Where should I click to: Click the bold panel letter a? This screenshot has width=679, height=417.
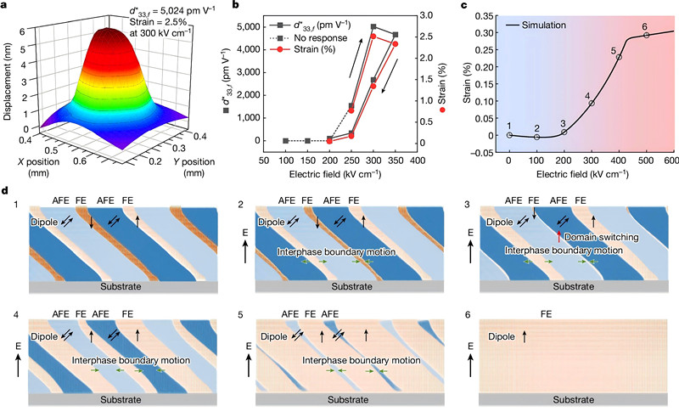point(7,6)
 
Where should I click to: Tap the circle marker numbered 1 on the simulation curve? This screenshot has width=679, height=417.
point(509,135)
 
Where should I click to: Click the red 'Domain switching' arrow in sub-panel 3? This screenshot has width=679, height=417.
point(558,236)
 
